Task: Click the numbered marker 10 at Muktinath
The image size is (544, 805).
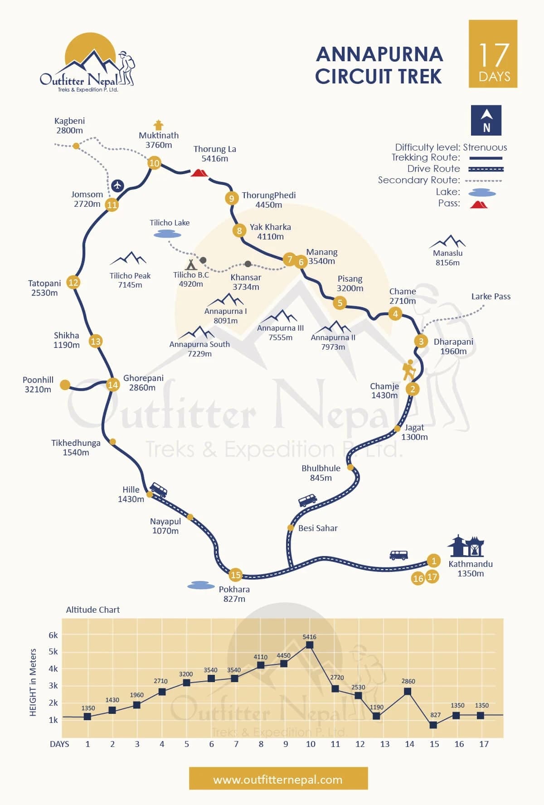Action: (155, 163)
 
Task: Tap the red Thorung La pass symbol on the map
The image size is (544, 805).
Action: (199, 172)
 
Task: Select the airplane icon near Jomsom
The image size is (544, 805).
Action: (117, 185)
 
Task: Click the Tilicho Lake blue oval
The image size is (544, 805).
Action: (167, 234)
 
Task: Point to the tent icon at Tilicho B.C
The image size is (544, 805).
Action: (191, 264)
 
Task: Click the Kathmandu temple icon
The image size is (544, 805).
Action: (466, 546)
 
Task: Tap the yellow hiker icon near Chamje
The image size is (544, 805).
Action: (409, 370)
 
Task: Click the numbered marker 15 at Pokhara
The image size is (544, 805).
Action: (236, 575)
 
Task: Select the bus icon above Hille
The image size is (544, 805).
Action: (158, 489)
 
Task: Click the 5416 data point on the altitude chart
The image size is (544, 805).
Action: (310, 645)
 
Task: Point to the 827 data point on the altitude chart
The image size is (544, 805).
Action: (433, 725)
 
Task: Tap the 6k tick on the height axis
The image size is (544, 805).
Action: (53, 635)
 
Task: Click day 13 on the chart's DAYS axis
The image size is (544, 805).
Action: (385, 744)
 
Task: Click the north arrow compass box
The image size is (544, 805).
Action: (486, 120)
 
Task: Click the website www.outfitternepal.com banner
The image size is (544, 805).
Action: (278, 780)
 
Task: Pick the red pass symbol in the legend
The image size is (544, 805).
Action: (479, 204)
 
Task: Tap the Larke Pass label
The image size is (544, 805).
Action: (491, 296)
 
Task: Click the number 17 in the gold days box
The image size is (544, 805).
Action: (494, 55)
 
